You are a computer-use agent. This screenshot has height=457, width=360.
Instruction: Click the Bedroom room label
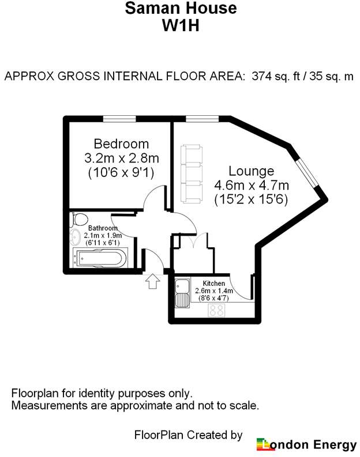pyautogui.click(x=121, y=144)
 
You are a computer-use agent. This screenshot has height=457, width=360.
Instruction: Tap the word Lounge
pyautogui.click(x=251, y=171)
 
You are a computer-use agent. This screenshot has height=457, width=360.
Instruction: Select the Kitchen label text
pyautogui.click(x=214, y=284)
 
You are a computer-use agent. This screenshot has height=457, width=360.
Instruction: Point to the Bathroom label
pyautogui.click(x=103, y=228)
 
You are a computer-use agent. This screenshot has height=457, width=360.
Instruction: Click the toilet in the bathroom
pyautogui.click(x=78, y=219)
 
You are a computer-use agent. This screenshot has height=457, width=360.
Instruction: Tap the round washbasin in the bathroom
pyautogui.click(x=75, y=237)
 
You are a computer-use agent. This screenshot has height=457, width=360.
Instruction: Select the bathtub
pyautogui.click(x=100, y=258)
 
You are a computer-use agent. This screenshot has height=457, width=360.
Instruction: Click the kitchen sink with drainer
pyautogui.click(x=182, y=293)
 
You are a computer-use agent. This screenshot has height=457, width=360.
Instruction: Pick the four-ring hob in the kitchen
pyautogui.click(x=216, y=311)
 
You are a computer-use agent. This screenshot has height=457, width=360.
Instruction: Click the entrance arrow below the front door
pyautogui.click(x=152, y=281)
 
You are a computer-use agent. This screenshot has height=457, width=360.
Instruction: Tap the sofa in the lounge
pyautogui.click(x=192, y=174)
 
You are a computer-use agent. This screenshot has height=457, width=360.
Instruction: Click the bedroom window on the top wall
pyautogui.click(x=119, y=119)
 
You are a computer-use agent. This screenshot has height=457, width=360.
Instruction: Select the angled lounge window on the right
pyautogui.click(x=306, y=173)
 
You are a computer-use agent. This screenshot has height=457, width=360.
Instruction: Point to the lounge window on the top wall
pyautogui.click(x=202, y=119)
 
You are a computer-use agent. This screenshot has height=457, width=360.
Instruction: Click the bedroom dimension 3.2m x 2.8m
pyautogui.click(x=122, y=158)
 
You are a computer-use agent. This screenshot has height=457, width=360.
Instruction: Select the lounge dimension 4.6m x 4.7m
pyautogui.click(x=252, y=186)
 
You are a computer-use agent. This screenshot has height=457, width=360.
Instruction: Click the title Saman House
pyautogui.click(x=181, y=8)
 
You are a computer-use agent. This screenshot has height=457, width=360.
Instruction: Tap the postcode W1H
pyautogui.click(x=181, y=25)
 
